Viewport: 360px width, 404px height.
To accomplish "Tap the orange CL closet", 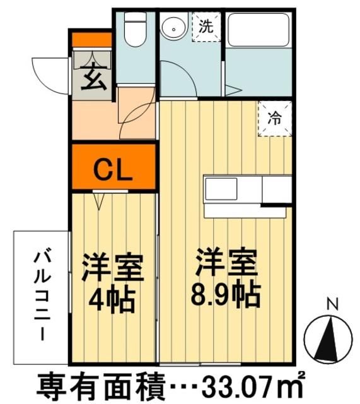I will click(113, 169).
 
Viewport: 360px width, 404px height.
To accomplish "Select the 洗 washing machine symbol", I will click(206, 27).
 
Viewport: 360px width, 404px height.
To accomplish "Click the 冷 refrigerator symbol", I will click(275, 117).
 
